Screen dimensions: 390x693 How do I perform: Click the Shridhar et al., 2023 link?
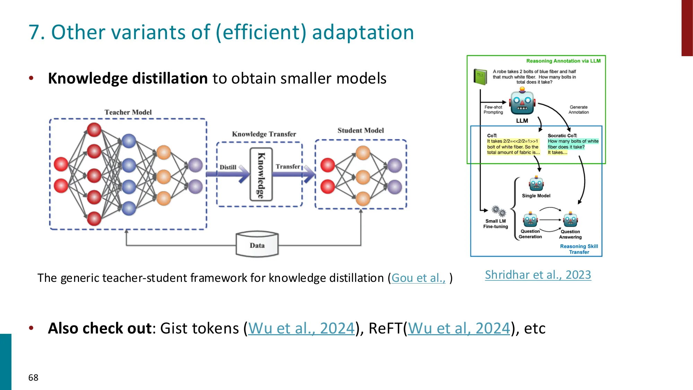tap(538, 275)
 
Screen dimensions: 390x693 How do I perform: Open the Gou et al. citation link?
tap(418, 278)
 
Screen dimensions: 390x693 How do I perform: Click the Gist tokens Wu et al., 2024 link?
tap(301, 328)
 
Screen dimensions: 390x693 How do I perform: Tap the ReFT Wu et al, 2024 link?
tap(459, 328)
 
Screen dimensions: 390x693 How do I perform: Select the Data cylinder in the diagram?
tap(257, 245)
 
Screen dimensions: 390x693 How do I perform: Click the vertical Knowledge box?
tap(261, 174)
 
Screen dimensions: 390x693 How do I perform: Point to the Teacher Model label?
tap(128, 112)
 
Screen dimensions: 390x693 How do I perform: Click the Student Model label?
tap(361, 130)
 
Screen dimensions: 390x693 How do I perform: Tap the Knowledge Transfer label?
tap(264, 134)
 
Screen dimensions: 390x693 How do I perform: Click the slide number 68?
tap(33, 378)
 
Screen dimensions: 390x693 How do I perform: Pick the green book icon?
tap(480, 77)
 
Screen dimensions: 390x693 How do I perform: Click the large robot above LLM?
tap(522, 103)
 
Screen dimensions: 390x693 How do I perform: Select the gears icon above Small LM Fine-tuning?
tap(499, 210)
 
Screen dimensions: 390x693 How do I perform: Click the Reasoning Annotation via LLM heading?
tap(563, 61)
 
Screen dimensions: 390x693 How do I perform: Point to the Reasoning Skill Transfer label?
tap(579, 249)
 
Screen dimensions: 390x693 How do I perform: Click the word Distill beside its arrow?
tap(228, 167)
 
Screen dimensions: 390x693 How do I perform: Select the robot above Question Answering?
tap(570, 220)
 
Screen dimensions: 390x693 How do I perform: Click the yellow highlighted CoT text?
tap(513, 147)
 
